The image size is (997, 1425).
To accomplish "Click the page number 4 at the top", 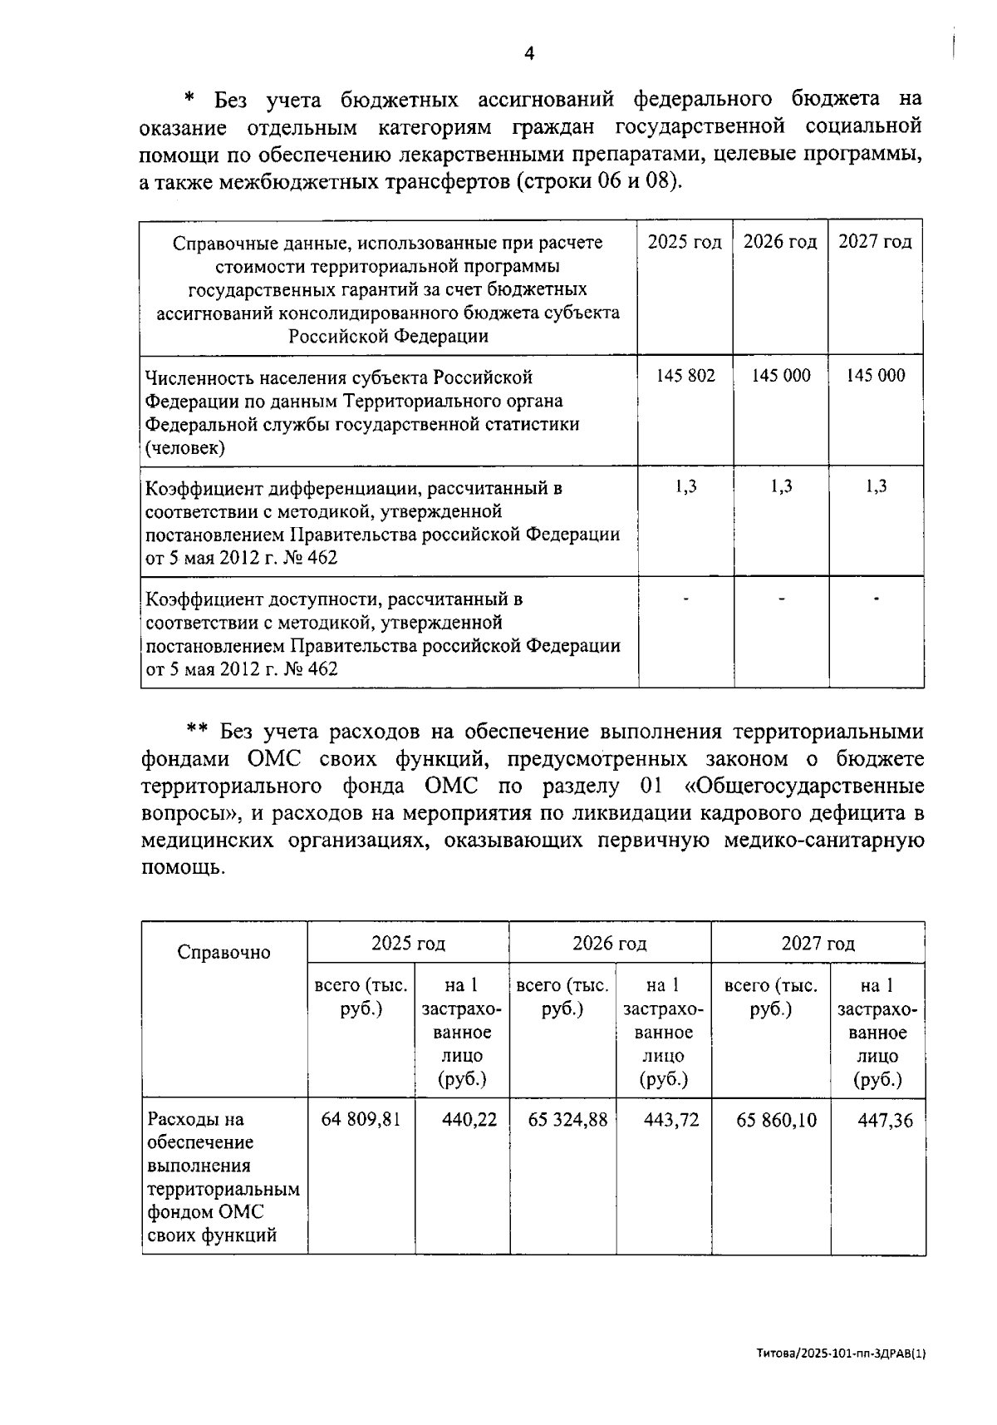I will click(529, 54).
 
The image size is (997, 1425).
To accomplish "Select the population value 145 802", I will click(685, 375).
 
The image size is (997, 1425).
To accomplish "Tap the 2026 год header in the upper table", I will click(780, 242).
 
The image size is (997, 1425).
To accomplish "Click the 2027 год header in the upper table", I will click(875, 242).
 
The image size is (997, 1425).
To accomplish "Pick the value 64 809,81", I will click(361, 1120).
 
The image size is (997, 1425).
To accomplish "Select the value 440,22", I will click(469, 1120).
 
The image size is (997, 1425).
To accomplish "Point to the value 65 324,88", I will click(567, 1120).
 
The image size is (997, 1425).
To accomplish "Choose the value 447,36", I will click(885, 1120).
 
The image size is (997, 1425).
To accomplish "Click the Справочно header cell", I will click(223, 953).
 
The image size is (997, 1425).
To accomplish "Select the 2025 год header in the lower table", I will click(408, 944).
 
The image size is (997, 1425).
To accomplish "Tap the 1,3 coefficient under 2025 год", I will click(685, 486).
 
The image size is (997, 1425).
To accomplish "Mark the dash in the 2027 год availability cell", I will click(876, 598).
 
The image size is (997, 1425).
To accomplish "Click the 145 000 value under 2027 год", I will click(876, 375).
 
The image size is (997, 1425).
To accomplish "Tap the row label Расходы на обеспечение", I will click(223, 1176).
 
